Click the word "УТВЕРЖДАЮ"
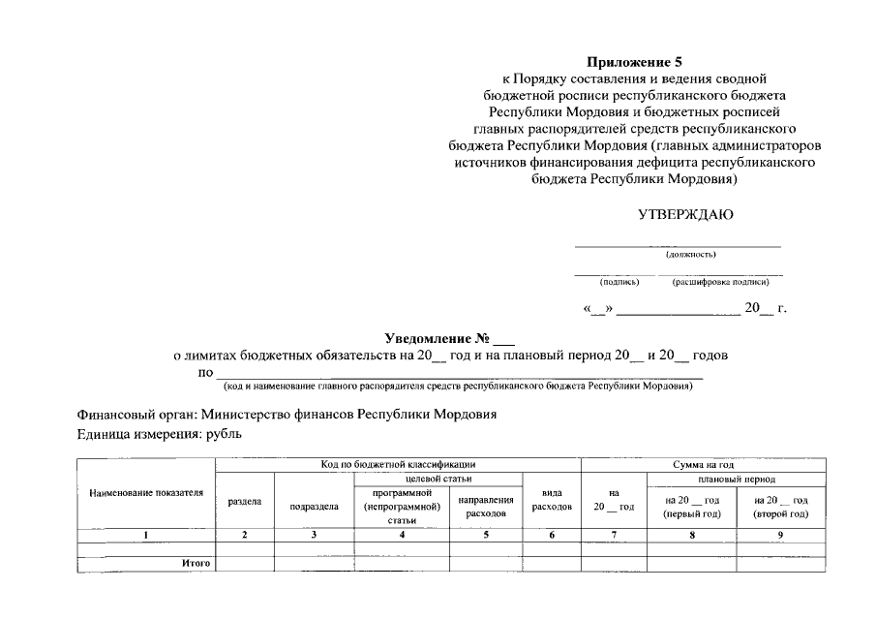coord(678,214)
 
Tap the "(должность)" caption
coord(690,255)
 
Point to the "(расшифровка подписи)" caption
coord(720,282)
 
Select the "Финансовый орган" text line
coord(287,415)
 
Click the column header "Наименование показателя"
coord(146,493)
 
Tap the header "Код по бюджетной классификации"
coord(398,465)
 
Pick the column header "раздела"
coord(244,503)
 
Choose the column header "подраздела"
coord(315,506)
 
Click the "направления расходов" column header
coord(485,506)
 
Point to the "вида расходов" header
coord(551,500)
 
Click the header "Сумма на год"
coord(702,465)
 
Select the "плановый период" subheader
coord(737,479)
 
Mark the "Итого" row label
coord(196,562)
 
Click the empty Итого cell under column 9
coord(780,562)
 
